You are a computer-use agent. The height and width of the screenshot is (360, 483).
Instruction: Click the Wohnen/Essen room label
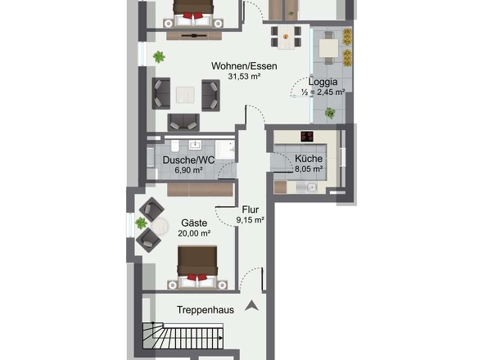[x=244, y=66]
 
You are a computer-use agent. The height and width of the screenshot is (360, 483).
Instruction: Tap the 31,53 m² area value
[x=244, y=76]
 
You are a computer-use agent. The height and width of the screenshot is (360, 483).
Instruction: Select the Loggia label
[x=323, y=82]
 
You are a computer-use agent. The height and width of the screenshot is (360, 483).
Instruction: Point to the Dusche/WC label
[x=188, y=160]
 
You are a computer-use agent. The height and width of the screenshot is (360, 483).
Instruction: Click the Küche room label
[x=309, y=159]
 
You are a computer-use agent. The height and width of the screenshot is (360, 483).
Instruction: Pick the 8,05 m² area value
[x=309, y=169]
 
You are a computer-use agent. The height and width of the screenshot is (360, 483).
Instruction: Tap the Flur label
[x=251, y=209]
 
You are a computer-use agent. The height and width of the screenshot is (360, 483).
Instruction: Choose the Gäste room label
[x=194, y=223]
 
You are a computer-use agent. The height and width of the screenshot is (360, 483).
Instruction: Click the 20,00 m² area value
[x=194, y=233]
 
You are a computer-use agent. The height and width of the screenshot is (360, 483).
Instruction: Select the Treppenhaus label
[x=205, y=310]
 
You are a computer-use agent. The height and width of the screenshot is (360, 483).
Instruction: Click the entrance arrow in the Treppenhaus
[x=251, y=305]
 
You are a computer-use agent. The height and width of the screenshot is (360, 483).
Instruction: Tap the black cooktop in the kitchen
[x=307, y=137]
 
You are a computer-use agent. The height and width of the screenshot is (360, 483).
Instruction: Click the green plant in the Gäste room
[x=141, y=223]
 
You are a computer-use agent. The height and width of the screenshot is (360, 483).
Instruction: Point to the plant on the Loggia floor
[x=330, y=113]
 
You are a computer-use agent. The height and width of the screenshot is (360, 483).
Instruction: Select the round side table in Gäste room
[x=160, y=227]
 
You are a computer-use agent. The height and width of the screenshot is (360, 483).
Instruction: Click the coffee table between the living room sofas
[x=185, y=95]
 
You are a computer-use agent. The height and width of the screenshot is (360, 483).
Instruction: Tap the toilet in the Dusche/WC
[x=175, y=146]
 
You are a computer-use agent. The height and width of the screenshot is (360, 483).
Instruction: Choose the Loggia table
[x=328, y=48]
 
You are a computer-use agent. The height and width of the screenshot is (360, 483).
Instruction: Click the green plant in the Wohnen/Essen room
[x=159, y=57]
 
